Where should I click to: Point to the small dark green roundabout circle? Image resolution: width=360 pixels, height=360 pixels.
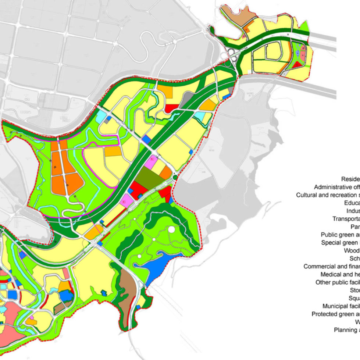(x=175, y=178)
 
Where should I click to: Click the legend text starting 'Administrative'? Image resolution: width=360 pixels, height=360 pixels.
(x=336, y=187)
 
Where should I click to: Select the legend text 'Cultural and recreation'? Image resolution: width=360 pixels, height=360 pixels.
(x=328, y=195)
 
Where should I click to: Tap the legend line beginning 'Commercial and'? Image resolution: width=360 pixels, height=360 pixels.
(x=331, y=266)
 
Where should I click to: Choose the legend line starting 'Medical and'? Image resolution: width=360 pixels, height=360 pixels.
(x=340, y=274)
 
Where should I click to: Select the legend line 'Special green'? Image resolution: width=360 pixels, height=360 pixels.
(x=340, y=242)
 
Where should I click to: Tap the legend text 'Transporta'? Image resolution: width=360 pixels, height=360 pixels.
(x=346, y=218)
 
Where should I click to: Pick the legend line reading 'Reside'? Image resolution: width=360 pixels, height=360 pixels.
(x=350, y=179)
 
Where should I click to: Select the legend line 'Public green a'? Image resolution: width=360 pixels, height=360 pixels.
(x=340, y=235)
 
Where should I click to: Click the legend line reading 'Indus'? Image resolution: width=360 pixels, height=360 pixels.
(x=353, y=211)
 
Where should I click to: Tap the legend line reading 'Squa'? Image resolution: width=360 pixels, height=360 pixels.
(x=354, y=298)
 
